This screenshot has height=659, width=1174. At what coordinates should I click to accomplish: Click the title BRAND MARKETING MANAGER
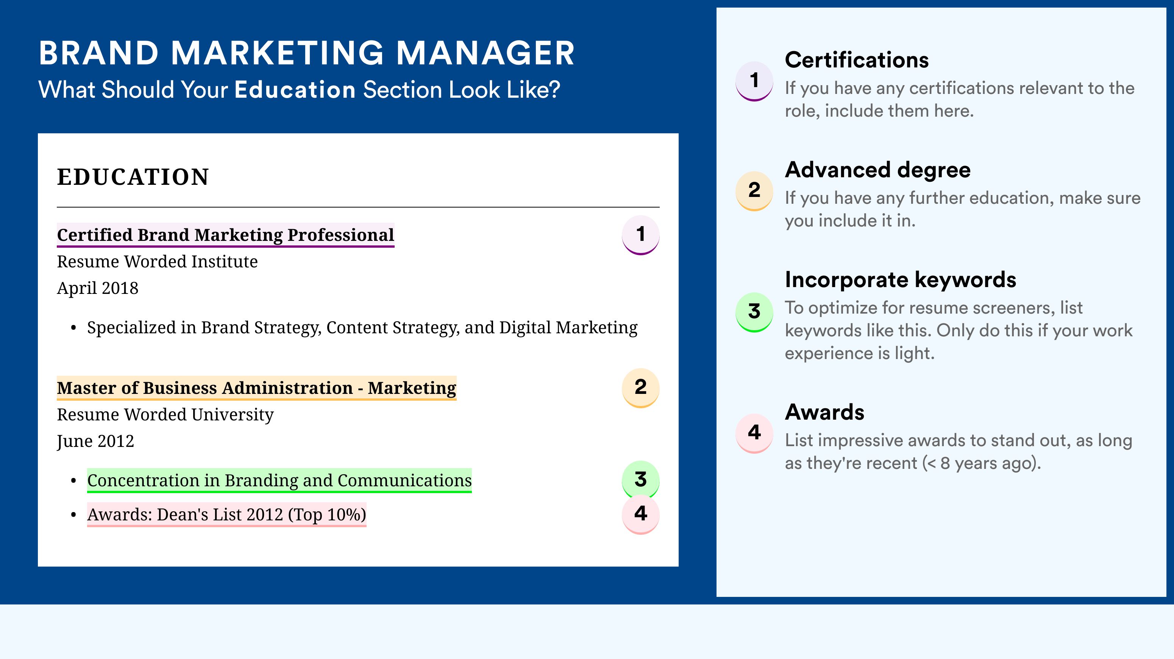click(307, 53)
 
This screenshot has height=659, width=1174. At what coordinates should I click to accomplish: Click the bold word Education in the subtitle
click(295, 89)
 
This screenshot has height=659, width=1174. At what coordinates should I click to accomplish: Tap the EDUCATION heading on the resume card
click(133, 177)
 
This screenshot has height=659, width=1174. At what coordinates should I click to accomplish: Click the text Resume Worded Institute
click(157, 262)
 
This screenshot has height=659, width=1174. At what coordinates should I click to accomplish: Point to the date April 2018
click(98, 288)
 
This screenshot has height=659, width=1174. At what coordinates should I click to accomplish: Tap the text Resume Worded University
click(165, 415)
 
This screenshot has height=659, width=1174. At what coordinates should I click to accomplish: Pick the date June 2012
click(95, 441)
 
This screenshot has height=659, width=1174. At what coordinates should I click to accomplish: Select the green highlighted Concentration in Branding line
click(279, 480)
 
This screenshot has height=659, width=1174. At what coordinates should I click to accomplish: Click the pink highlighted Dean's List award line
click(226, 515)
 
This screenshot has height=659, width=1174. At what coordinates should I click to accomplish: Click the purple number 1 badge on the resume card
click(640, 235)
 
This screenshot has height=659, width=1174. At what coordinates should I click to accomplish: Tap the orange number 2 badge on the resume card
click(640, 388)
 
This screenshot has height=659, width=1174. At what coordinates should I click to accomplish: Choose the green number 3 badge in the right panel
click(754, 312)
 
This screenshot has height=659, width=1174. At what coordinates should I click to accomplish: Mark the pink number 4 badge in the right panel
click(754, 433)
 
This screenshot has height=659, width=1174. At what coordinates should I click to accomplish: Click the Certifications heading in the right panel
click(857, 60)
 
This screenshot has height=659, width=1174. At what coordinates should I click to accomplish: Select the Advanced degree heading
click(878, 170)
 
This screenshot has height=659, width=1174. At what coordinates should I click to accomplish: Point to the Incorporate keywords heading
click(901, 280)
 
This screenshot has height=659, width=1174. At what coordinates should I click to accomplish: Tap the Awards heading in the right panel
click(824, 412)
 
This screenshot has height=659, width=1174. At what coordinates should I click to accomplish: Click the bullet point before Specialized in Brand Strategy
click(73, 328)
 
